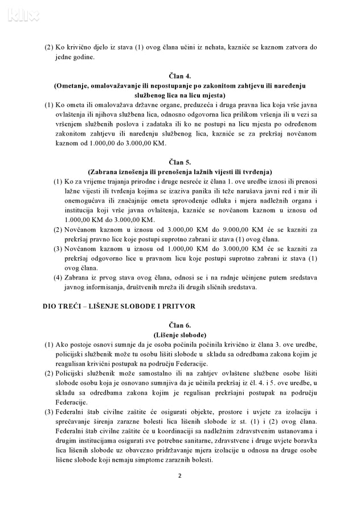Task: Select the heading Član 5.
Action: point(179,162)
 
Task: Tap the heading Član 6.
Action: point(179,325)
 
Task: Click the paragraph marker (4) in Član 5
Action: point(58,277)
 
